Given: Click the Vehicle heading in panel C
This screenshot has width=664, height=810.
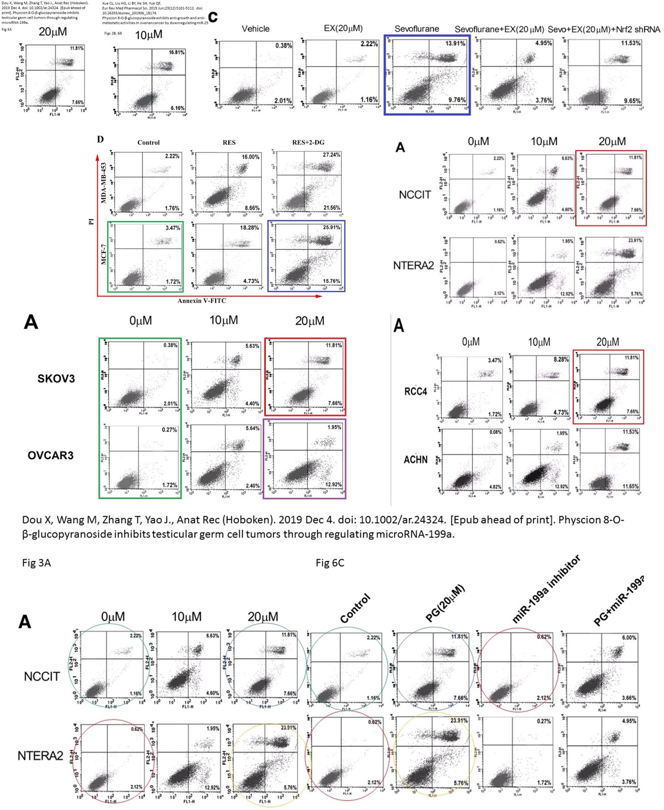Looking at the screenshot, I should [x=256, y=29].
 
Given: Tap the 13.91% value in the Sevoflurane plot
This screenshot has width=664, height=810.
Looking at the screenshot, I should [x=455, y=44].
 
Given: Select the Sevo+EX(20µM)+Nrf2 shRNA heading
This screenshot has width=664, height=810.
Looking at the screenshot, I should [x=604, y=29].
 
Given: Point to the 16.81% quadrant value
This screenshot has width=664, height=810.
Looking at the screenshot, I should [x=177, y=53].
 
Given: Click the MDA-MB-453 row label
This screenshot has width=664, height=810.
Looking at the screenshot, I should [x=104, y=182].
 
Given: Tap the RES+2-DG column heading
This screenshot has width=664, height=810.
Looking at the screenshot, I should [x=308, y=142].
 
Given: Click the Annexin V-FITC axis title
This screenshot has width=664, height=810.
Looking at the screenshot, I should [x=201, y=301].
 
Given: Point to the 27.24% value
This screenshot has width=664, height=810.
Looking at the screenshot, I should [x=331, y=155].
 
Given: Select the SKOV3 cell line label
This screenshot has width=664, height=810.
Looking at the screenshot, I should [x=56, y=378].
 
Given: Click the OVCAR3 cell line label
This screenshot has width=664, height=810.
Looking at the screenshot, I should [x=51, y=455].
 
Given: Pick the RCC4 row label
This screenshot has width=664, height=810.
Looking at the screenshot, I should [x=416, y=391].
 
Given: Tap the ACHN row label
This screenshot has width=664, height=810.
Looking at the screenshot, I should [x=416, y=460].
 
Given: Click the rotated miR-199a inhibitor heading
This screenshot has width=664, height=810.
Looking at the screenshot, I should [x=546, y=589].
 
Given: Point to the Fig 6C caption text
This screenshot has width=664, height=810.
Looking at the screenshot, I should [x=329, y=563].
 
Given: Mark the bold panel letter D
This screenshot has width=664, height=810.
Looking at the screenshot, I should [x=100, y=139].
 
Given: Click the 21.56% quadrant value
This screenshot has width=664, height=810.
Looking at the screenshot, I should [x=331, y=208].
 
